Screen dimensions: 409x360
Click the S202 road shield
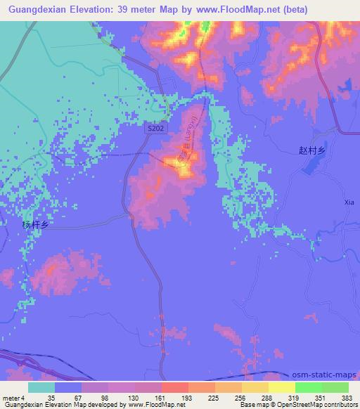pos(156,128)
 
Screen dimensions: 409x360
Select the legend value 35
pos(42,398)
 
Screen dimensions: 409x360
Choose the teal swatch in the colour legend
pos(41,387)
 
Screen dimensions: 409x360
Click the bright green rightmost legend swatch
pos(335,387)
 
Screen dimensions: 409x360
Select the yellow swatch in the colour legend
pos(281,387)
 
